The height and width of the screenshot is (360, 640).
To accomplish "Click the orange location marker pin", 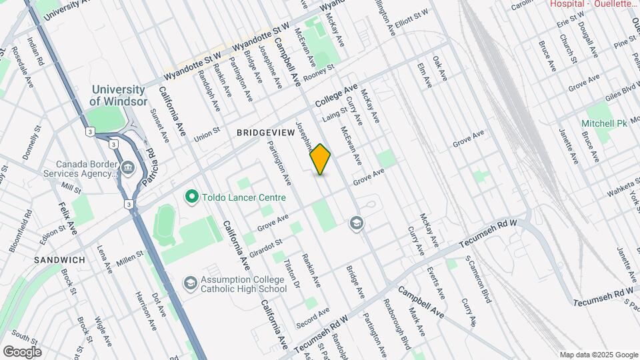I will (x=321, y=159).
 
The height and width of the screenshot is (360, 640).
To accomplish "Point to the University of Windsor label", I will (x=118, y=95).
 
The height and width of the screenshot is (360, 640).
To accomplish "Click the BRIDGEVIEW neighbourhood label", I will (x=265, y=133).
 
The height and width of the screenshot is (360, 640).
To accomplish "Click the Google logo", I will (x=22, y=351).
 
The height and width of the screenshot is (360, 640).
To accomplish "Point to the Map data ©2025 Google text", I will (x=599, y=355).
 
